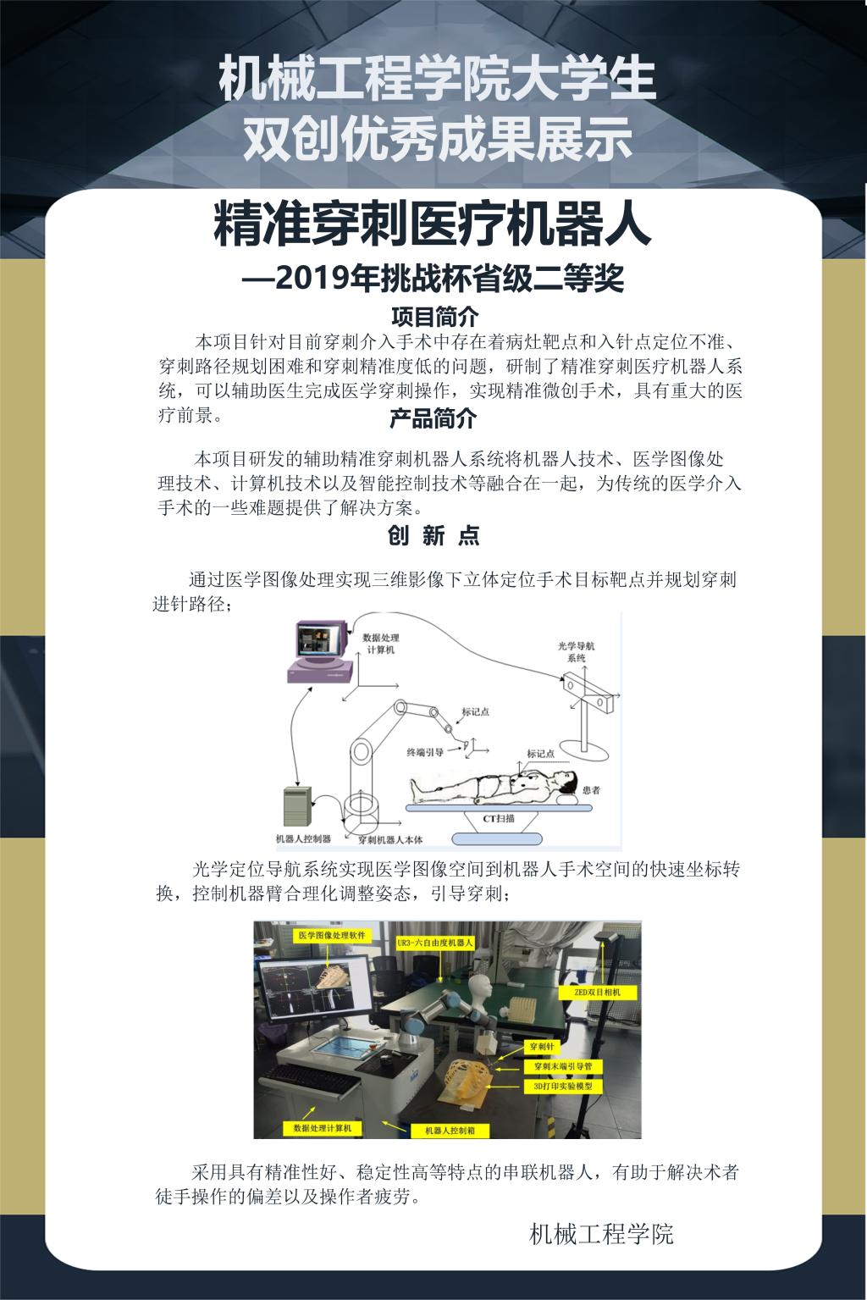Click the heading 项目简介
pos(434,317)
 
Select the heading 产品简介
pos(433,418)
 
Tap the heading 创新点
pos(433,535)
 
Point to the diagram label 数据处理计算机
pos(381,644)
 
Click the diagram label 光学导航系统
pos(576,652)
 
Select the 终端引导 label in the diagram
pos(425,752)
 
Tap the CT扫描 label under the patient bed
pos(499,818)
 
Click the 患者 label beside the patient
pos(591,790)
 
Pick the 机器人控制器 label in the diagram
pos(303,838)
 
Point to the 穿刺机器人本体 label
pos(390,839)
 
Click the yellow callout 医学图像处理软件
pos(332,935)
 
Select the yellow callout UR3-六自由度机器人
pos(434,943)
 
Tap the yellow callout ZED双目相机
pos(597,992)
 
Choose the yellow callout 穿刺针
pos(542,1047)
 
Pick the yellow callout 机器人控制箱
pos(450,1131)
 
